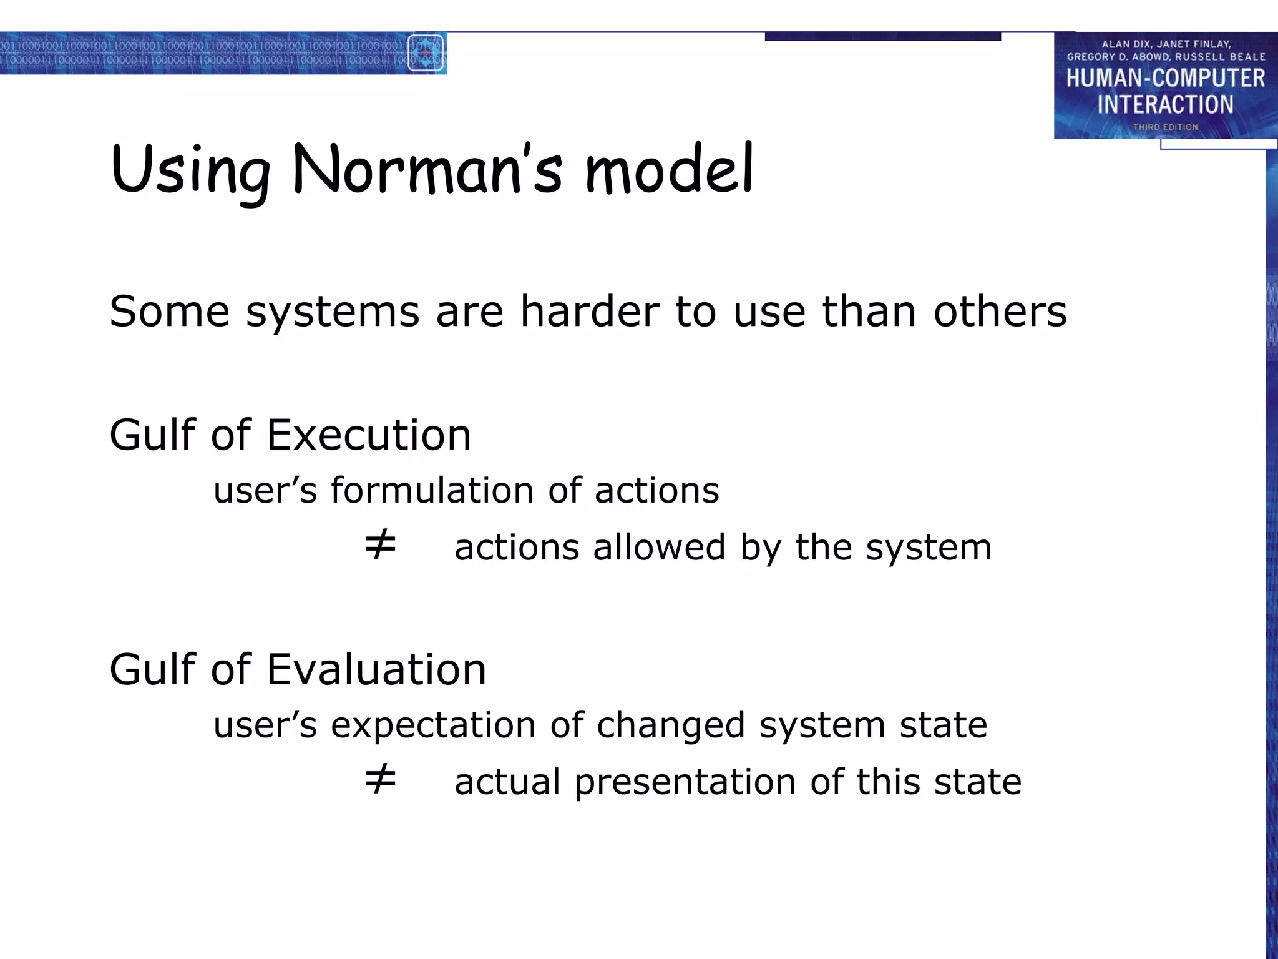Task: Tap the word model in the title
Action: pyautogui.click(x=670, y=169)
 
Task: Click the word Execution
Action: pyautogui.click(x=368, y=435)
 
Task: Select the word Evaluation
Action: pyautogui.click(x=376, y=669)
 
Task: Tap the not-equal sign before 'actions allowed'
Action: pyautogui.click(x=380, y=544)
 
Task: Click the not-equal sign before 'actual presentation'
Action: pyautogui.click(x=380, y=779)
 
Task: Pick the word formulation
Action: pyautogui.click(x=431, y=490)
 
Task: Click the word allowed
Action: pyautogui.click(x=659, y=548)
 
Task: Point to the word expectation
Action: pyautogui.click(x=432, y=726)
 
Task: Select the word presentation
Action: pyautogui.click(x=685, y=782)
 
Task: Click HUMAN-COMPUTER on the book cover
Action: pyautogui.click(x=1165, y=79)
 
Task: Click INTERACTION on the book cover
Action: pyautogui.click(x=1165, y=104)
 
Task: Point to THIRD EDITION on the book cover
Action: pyautogui.click(x=1165, y=127)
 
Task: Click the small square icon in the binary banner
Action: pyautogui.click(x=426, y=53)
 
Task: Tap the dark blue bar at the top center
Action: pyautogui.click(x=882, y=36)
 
